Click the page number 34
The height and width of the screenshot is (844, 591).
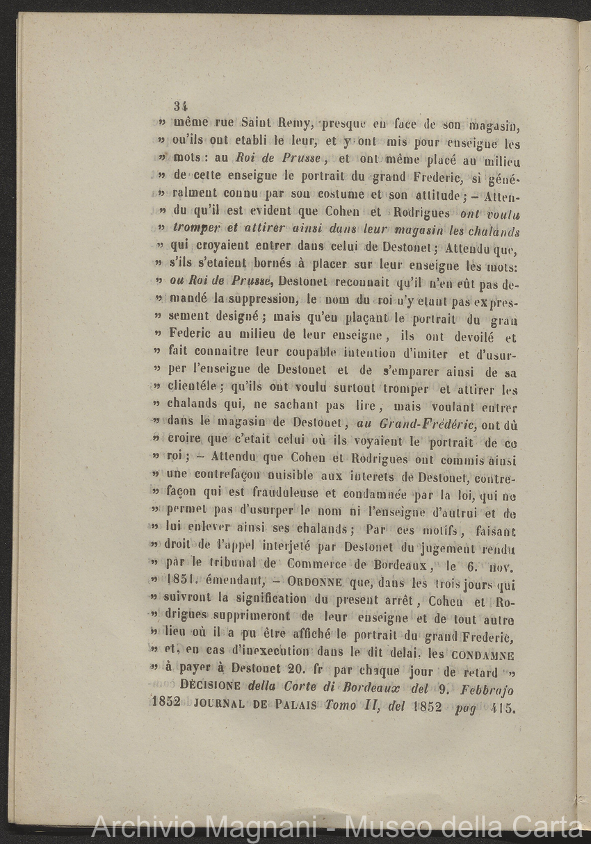[181, 106]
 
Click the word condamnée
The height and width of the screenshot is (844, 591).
[383, 495]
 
